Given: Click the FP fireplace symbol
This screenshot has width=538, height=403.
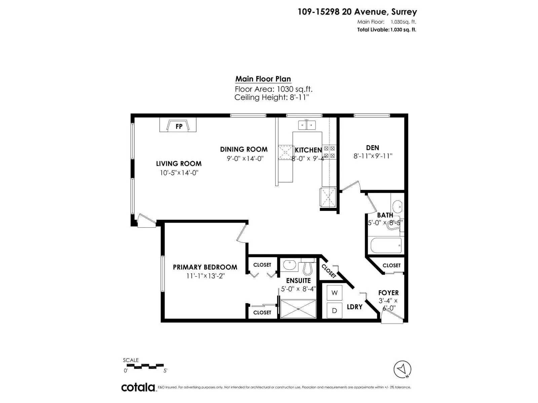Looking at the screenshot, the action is (x=178, y=125).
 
